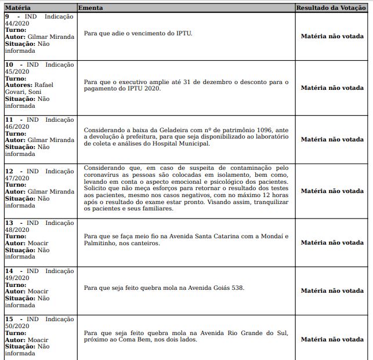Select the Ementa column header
pyautogui.click(x=90, y=9)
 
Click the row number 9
pyautogui.click(x=7, y=16)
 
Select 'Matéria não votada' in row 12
pyautogui.click(x=332, y=191)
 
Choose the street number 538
pyautogui.click(x=238, y=288)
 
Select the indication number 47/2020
pyautogui.click(x=17, y=178)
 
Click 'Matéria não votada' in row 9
pyautogui.click(x=332, y=36)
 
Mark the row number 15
pyautogui.click(x=9, y=319)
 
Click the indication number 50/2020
pyautogui.click(x=17, y=326)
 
